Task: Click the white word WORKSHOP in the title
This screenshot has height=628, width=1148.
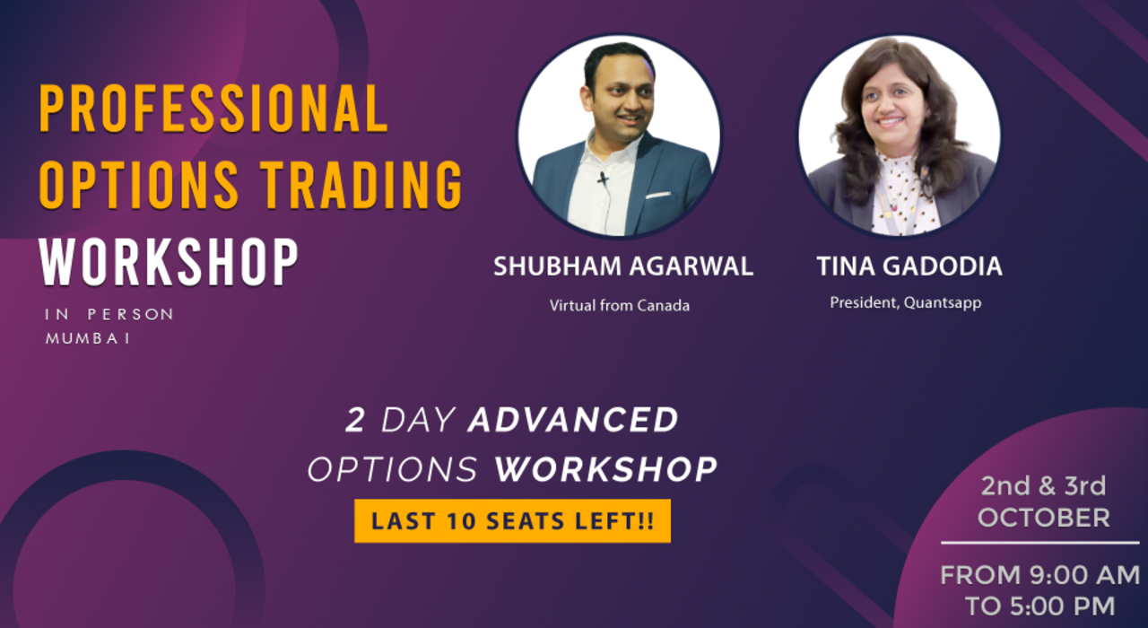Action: (x=170, y=261)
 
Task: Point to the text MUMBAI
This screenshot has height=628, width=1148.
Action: (x=88, y=338)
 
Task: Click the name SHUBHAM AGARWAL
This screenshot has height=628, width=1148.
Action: (x=623, y=266)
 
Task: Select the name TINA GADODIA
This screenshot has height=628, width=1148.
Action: (x=909, y=266)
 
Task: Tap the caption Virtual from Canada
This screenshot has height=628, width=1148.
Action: (x=620, y=305)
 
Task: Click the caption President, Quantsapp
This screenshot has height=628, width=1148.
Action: (x=905, y=302)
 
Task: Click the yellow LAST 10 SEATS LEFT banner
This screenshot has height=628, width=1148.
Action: (x=512, y=521)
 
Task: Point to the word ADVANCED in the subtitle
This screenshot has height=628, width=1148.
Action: (x=574, y=420)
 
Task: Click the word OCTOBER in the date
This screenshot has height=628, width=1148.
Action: (x=1043, y=518)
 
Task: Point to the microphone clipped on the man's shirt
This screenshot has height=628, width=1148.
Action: (x=603, y=179)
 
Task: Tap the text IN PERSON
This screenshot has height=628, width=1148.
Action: (x=109, y=314)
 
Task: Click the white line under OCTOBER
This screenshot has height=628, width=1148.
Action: (x=1040, y=543)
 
